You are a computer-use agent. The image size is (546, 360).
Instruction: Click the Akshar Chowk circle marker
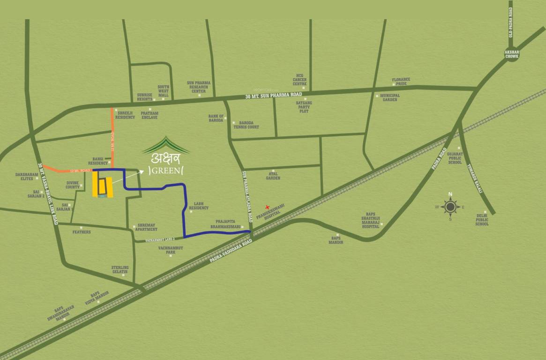511,53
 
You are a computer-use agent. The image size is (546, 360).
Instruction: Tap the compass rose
450,207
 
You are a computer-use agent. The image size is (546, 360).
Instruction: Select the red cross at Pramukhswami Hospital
268,207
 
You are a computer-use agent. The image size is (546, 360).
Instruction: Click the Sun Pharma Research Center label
199,87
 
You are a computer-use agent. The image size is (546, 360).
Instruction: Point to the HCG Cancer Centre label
300,79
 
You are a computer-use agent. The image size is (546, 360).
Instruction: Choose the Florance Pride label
401,82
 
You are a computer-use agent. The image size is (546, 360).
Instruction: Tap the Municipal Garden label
390,97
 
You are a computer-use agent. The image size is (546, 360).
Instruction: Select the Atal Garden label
273,176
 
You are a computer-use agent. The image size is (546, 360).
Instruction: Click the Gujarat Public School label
455,158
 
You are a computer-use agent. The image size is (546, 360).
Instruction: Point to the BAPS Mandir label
336,240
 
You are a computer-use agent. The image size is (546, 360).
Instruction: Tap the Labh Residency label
201,206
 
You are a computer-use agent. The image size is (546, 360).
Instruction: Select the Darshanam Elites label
26,176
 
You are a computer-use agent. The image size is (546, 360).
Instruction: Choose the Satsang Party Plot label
304,107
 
